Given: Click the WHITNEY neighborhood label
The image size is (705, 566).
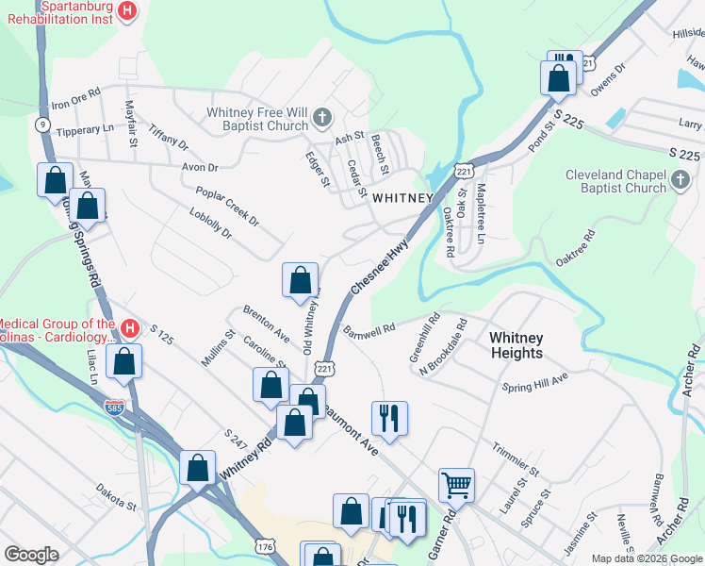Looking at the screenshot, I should point(402,198).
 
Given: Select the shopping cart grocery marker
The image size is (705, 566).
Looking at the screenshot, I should point(456,485).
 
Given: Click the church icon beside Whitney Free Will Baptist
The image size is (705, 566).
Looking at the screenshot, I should point(322,118).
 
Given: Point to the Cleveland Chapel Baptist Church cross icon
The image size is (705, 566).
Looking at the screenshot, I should point(681,180).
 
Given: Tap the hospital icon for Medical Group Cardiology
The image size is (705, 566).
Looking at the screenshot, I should point(130,329).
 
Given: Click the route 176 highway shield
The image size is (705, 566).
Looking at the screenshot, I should point(263,546).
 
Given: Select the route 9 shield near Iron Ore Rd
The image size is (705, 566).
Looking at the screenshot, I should point(42,124).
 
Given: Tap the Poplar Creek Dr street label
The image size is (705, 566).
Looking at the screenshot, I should point(227,205).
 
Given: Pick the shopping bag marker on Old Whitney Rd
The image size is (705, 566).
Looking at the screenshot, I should point(301,280).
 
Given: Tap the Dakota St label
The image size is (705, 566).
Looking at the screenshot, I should point(116,497).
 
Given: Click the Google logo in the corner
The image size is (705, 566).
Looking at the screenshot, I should point(31,555).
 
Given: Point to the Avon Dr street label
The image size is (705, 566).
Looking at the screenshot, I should point(200,168).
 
